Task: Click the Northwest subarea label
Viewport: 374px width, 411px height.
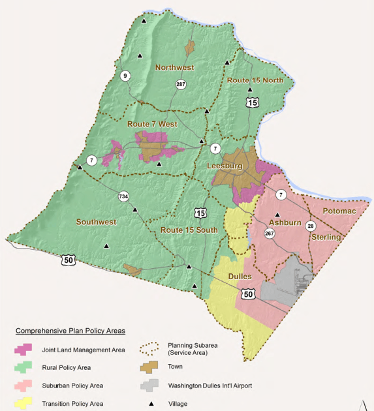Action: (x=174, y=67)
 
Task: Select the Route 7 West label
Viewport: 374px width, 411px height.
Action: (x=152, y=124)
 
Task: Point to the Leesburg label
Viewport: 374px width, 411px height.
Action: (x=224, y=166)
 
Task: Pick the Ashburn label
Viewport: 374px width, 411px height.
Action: (x=285, y=223)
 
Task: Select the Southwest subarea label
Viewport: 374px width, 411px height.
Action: (x=96, y=222)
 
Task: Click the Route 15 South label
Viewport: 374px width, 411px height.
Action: (x=189, y=230)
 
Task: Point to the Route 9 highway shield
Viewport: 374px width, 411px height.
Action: (x=125, y=76)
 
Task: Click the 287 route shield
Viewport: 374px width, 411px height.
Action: (x=181, y=84)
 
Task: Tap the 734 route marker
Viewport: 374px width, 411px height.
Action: (x=123, y=196)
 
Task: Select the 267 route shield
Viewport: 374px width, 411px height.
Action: (x=269, y=234)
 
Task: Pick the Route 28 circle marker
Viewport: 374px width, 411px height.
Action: (x=310, y=226)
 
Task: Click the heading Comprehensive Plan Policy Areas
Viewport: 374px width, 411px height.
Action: (x=70, y=331)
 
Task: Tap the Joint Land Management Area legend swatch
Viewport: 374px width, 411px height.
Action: (x=24, y=350)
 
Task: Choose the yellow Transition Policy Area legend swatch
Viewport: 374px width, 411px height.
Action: (x=24, y=403)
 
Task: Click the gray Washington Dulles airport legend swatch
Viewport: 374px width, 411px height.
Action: (x=151, y=386)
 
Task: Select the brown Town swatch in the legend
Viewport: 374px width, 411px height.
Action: (x=151, y=367)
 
